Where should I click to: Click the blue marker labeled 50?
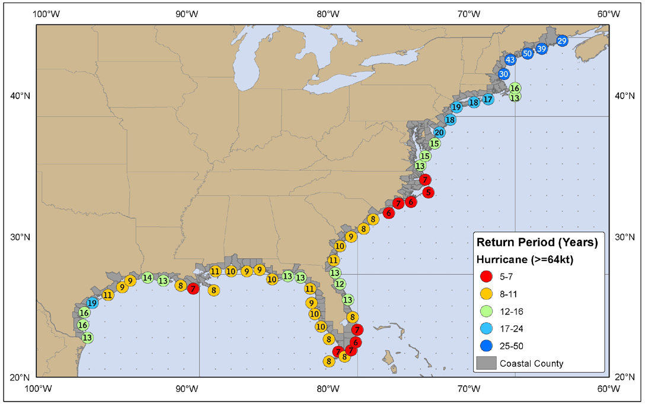(x=527, y=53)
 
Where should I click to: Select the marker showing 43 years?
(x=510, y=59)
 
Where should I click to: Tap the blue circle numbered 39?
(x=541, y=49)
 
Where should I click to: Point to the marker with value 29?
(x=562, y=40)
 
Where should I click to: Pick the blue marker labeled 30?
(x=503, y=74)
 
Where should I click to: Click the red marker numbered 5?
(x=428, y=192)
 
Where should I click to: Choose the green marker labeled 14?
(x=148, y=277)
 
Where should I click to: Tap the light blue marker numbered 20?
(x=439, y=132)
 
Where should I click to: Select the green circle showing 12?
(x=340, y=284)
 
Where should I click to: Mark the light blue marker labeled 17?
(x=487, y=99)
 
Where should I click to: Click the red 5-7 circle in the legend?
(x=487, y=276)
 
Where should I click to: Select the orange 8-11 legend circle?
(x=487, y=293)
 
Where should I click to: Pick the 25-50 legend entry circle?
(x=487, y=345)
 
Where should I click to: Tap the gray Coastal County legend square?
(x=487, y=363)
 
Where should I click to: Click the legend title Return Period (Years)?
(x=537, y=243)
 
